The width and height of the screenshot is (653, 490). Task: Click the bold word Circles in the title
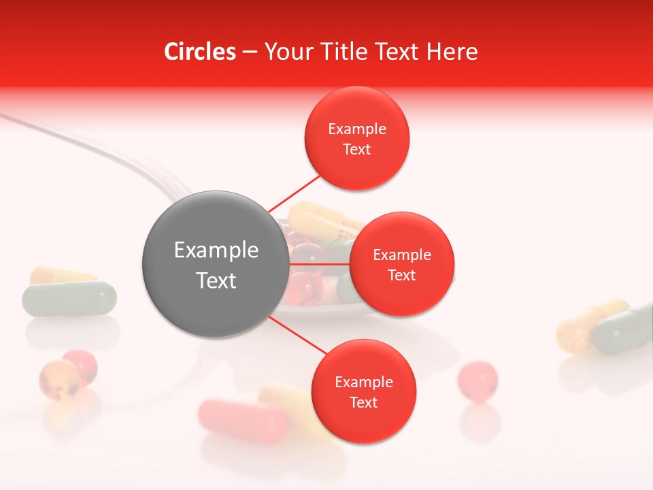click(x=200, y=52)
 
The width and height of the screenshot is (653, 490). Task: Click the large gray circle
click(x=215, y=264)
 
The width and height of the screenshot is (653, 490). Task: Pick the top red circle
click(x=357, y=139)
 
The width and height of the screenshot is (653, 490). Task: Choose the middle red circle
click(x=402, y=264)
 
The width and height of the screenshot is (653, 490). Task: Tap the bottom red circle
click(x=363, y=391)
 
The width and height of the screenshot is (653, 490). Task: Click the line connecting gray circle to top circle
click(x=295, y=193)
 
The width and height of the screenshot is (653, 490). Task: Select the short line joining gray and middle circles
click(x=319, y=264)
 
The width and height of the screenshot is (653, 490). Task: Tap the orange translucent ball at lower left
click(x=59, y=379)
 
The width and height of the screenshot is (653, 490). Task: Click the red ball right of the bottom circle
click(x=478, y=379)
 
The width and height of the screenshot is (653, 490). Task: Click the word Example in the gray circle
click(x=216, y=250)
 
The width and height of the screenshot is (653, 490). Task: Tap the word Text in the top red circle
click(x=357, y=150)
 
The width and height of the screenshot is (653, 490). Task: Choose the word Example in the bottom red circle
click(x=364, y=382)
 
